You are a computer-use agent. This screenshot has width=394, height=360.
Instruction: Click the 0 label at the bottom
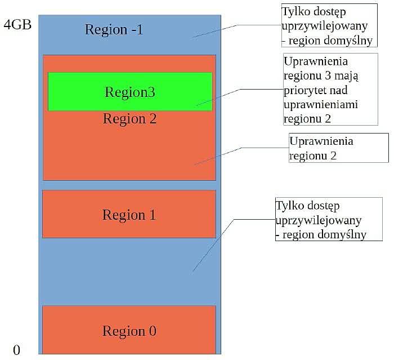[16, 350]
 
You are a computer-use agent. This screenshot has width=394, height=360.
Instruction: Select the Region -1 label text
[114, 29]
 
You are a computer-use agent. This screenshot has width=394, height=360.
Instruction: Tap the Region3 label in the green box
[129, 92]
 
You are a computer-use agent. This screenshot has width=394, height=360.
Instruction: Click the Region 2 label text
[129, 119]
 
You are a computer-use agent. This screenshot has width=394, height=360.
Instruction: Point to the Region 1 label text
[129, 215]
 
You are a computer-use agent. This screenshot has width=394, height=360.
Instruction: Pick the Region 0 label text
[129, 331]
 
